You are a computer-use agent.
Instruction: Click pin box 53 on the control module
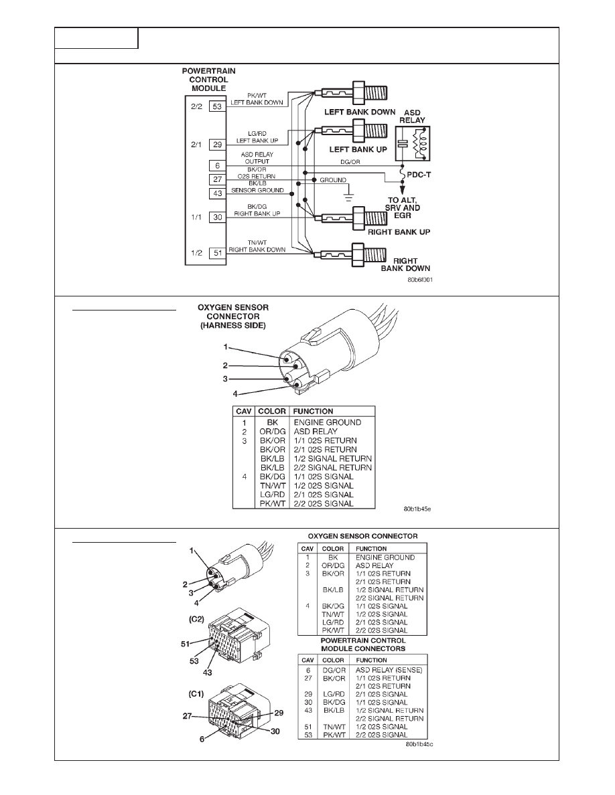tap(217, 106)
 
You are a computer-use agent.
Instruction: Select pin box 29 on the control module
tap(217, 145)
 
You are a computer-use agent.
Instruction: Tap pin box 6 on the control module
tap(217, 166)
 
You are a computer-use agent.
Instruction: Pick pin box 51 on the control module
tap(217, 252)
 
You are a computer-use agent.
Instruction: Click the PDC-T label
tap(419, 175)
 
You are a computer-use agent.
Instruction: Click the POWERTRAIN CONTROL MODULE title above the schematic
tap(208, 80)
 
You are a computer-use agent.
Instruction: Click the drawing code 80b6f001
tap(419, 280)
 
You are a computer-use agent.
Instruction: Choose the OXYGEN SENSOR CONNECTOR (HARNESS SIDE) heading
tap(233, 317)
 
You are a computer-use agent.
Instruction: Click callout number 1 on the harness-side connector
tap(226, 347)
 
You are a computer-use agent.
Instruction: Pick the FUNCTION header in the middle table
tap(313, 411)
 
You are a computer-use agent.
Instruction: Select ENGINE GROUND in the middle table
tap(328, 422)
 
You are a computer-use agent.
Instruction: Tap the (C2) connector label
tap(196, 619)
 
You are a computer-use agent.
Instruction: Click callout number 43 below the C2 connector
tap(207, 673)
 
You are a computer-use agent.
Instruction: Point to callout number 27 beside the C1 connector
tap(187, 717)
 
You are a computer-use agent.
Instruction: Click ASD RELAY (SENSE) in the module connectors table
tap(389, 670)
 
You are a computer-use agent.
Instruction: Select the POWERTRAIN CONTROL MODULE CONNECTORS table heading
tap(363, 644)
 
